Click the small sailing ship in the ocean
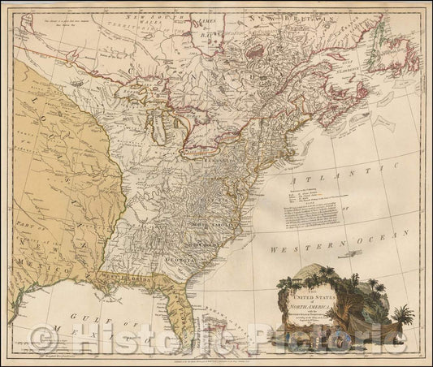point(349,253)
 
